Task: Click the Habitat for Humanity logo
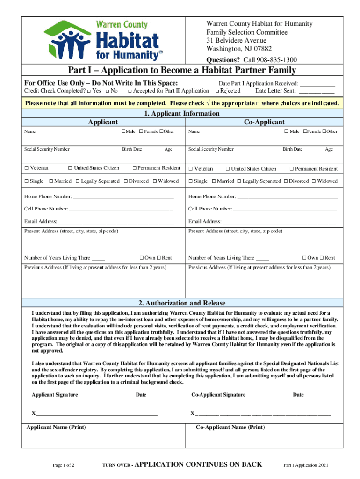click(103, 40)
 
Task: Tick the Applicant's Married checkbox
click(51, 181)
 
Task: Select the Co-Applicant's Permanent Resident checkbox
click(291, 169)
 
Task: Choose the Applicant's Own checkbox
click(141, 258)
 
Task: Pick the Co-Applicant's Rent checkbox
click(322, 258)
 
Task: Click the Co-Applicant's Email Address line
click(279, 222)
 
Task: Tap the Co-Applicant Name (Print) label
click(230, 428)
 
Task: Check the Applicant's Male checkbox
click(123, 131)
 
